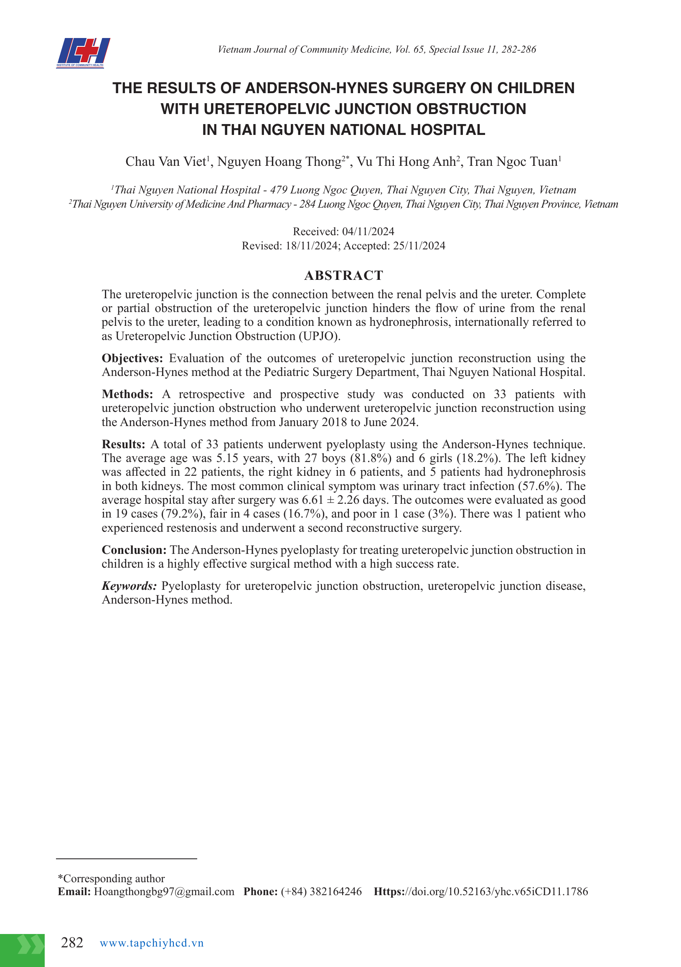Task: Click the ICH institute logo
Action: click(x=83, y=53)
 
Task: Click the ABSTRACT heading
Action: click(x=343, y=275)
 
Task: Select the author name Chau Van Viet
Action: click(x=165, y=162)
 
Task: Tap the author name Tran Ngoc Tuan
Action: click(x=512, y=162)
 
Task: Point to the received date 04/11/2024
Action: click(x=368, y=231)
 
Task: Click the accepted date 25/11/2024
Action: click(x=419, y=246)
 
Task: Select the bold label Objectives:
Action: click(x=132, y=358)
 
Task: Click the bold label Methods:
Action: click(x=127, y=394)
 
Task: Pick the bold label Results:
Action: click(x=123, y=444)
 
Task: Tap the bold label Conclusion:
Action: click(x=135, y=550)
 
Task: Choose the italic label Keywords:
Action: click(x=129, y=586)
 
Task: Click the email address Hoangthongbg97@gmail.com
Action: click(x=164, y=892)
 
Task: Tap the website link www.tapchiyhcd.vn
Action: click(x=152, y=943)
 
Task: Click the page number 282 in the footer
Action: click(x=72, y=943)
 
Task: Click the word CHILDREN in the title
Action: click(x=536, y=88)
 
